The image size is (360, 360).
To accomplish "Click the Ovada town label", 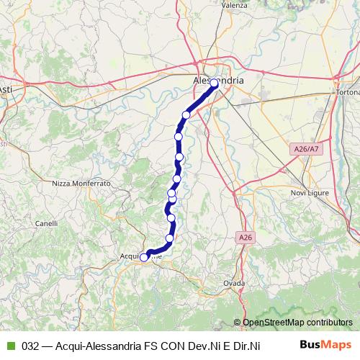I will pos(235,282).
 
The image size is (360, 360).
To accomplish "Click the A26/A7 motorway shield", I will pos(305,148).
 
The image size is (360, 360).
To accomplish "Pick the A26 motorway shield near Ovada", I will pos(245,235).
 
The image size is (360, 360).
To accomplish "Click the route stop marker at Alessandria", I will pos(214,84).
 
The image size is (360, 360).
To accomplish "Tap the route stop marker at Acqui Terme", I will pos(144,257).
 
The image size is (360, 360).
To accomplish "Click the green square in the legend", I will pos(10,346).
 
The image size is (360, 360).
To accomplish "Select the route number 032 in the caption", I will pos(30,346).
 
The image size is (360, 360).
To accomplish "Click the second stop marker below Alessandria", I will pos(179,137).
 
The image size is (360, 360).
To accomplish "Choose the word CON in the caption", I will pos(179,346).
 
